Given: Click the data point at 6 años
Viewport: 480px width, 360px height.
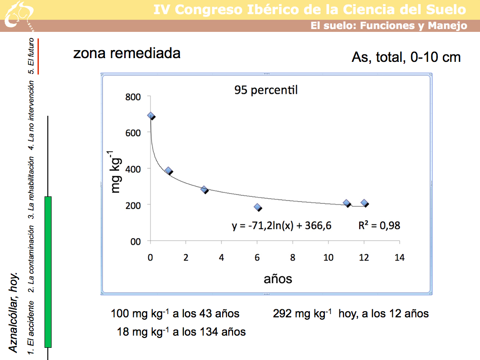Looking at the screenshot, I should [x=257, y=207].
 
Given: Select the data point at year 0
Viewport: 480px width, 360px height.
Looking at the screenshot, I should [x=151, y=116].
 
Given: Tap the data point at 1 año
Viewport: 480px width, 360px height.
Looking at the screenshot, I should [x=168, y=171].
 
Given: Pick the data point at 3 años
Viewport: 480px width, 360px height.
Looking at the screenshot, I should [x=204, y=189].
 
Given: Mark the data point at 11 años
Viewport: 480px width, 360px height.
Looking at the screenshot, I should [x=346, y=203].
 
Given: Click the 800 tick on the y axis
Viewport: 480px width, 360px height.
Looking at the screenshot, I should [x=134, y=97].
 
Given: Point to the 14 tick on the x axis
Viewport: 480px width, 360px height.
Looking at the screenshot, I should [x=399, y=257].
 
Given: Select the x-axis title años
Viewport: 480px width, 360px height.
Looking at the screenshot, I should [x=278, y=279].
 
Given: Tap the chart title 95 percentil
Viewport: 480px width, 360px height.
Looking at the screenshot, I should [x=266, y=90].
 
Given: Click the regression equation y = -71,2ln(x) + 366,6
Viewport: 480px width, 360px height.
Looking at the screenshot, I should [x=282, y=226].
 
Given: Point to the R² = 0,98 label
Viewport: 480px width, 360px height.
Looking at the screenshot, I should [x=379, y=225].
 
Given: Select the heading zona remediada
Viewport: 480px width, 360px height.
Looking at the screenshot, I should [x=127, y=53].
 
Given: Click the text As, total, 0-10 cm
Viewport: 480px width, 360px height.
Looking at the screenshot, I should [x=406, y=57].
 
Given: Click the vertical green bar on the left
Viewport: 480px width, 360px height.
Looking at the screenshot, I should [x=48, y=272].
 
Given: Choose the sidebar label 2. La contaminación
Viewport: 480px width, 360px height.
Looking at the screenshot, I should [x=31, y=255].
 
